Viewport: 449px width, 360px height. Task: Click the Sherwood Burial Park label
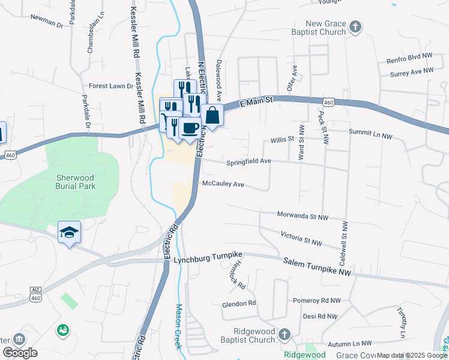pyautogui.click(x=76, y=182)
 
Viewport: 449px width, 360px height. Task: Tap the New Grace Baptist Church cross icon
pyautogui.click(x=355, y=27)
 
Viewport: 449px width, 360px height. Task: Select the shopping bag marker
pyautogui.click(x=212, y=114)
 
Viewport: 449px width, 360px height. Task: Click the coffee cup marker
pyautogui.click(x=190, y=128)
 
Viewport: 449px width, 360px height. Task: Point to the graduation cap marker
pyautogui.click(x=70, y=232)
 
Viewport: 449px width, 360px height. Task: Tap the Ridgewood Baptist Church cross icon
pyautogui.click(x=285, y=334)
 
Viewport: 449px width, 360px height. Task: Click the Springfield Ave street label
pyautogui.click(x=249, y=162)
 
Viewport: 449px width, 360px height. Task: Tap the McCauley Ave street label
pyautogui.click(x=223, y=184)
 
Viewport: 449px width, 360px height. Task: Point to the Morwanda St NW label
pyautogui.click(x=303, y=215)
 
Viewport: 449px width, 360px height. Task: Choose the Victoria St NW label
pyautogui.click(x=301, y=238)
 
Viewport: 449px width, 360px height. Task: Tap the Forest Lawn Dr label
pyautogui.click(x=111, y=86)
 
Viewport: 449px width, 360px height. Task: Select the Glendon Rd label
pyautogui.click(x=238, y=304)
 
